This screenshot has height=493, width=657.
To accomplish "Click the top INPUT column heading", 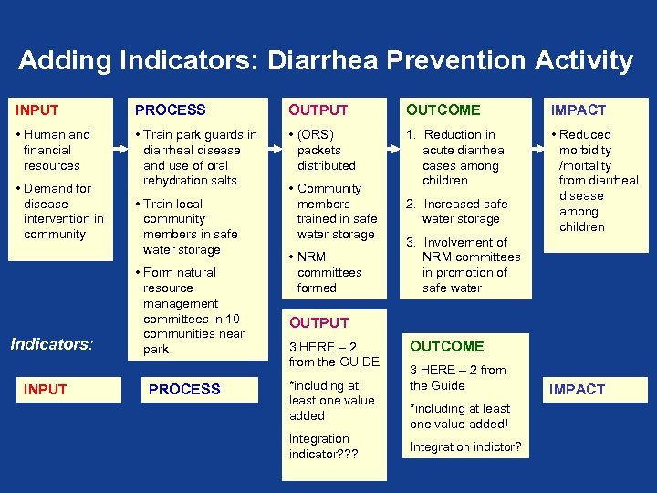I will click(37, 110).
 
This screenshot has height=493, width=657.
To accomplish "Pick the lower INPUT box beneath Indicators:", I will click(46, 390).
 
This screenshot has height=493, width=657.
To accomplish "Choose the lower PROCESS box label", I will click(184, 390).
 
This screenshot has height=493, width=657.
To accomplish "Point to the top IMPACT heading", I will click(578, 110).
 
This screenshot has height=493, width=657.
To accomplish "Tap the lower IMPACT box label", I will click(578, 390).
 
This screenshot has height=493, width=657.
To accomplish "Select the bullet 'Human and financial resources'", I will click(52, 150).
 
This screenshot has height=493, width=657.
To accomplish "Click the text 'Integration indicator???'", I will click(324, 446).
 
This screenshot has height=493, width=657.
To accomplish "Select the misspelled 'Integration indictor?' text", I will click(465, 446).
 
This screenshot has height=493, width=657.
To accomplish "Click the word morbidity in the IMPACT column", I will click(585, 150).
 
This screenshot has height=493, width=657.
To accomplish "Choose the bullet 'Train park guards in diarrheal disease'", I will click(195, 142).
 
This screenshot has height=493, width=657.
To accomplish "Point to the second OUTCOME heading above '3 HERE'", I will click(446, 347).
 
